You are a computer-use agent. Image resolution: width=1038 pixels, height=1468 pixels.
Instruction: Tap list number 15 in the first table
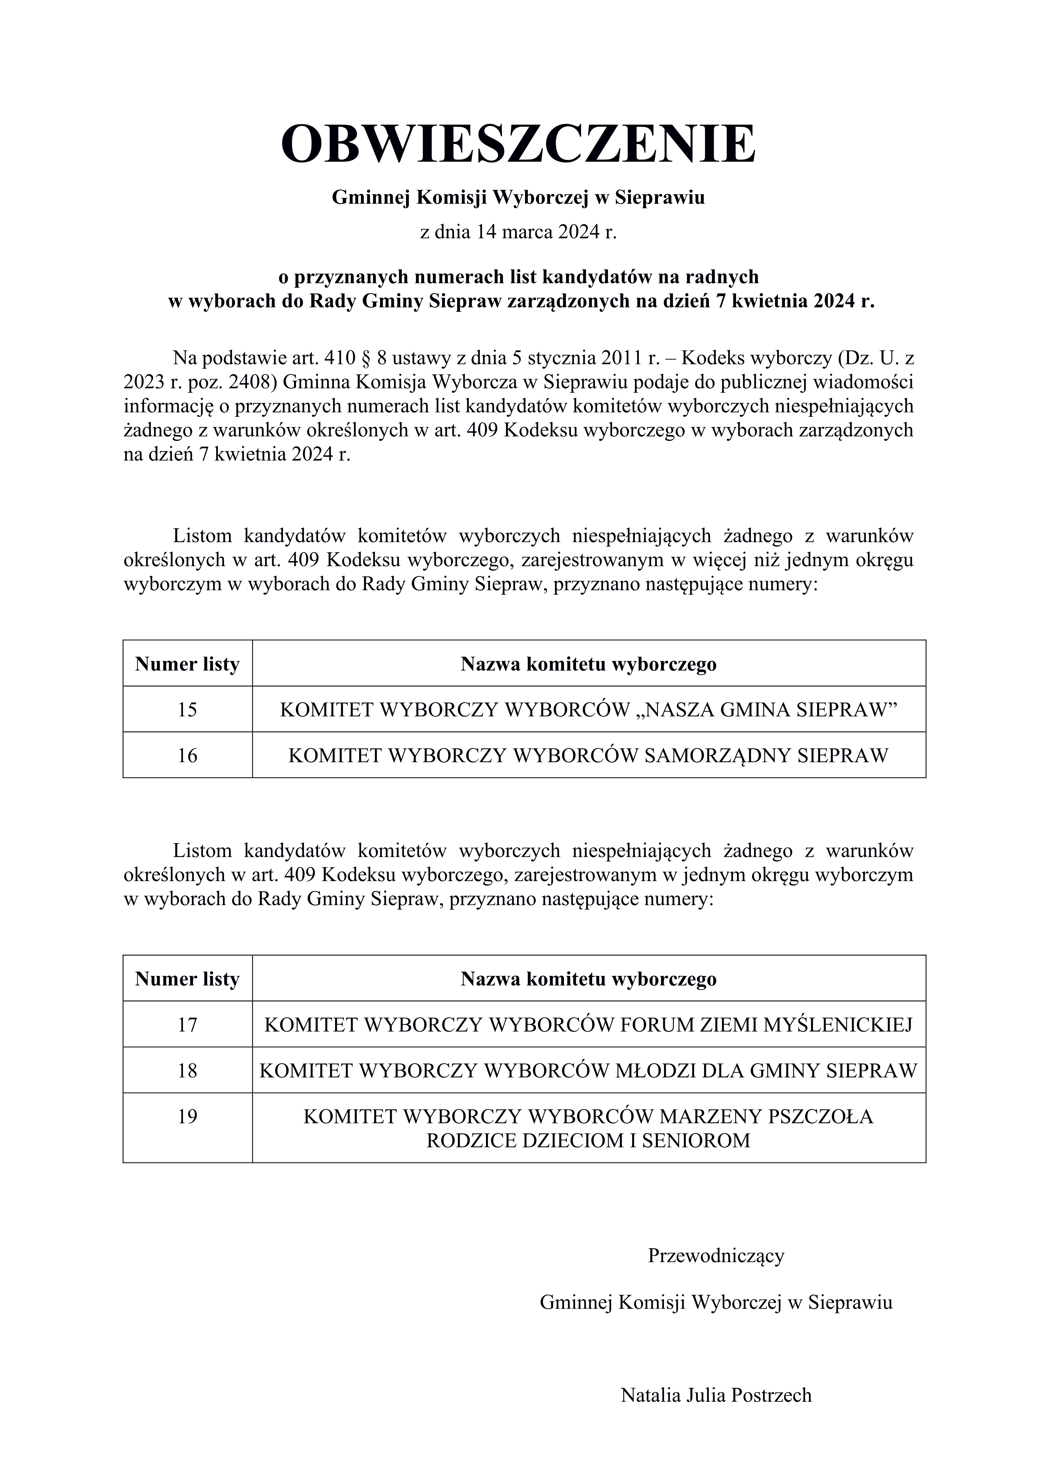(187, 709)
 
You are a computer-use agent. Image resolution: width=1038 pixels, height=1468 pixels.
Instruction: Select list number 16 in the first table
(187, 755)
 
